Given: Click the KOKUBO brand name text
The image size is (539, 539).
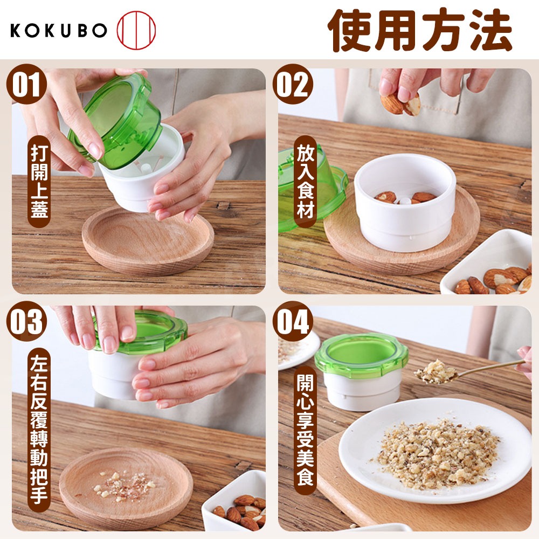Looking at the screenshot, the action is [x=58, y=30].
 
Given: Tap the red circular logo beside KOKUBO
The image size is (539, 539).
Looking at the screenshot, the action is [x=136, y=30].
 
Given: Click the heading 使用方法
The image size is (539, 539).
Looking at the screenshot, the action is [x=420, y=30].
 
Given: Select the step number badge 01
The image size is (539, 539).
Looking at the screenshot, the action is [x=26, y=84].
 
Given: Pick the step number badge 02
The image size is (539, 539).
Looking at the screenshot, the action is [x=293, y=84].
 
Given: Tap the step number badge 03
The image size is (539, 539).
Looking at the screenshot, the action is [x=26, y=321].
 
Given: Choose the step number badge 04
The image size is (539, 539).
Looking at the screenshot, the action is [x=293, y=321].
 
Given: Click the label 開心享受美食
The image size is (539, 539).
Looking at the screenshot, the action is [x=306, y=430].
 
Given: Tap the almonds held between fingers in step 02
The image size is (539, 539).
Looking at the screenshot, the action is [x=400, y=103].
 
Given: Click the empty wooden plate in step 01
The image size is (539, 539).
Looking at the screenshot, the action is [x=148, y=240].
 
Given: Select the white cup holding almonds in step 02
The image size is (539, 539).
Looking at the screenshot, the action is [x=405, y=203].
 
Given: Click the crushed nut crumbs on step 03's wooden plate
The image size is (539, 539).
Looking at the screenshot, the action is [x=125, y=484].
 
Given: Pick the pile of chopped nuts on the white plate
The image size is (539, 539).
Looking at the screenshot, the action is [x=435, y=454].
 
